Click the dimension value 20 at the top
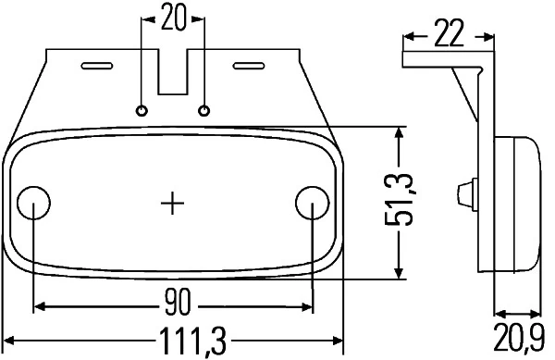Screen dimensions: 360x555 172,17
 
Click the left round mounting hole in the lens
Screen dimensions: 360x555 34,202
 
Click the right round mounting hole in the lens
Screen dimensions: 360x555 312,202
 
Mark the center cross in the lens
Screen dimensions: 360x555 173,202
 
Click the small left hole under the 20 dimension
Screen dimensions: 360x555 142,110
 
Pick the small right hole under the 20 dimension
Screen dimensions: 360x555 203,110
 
